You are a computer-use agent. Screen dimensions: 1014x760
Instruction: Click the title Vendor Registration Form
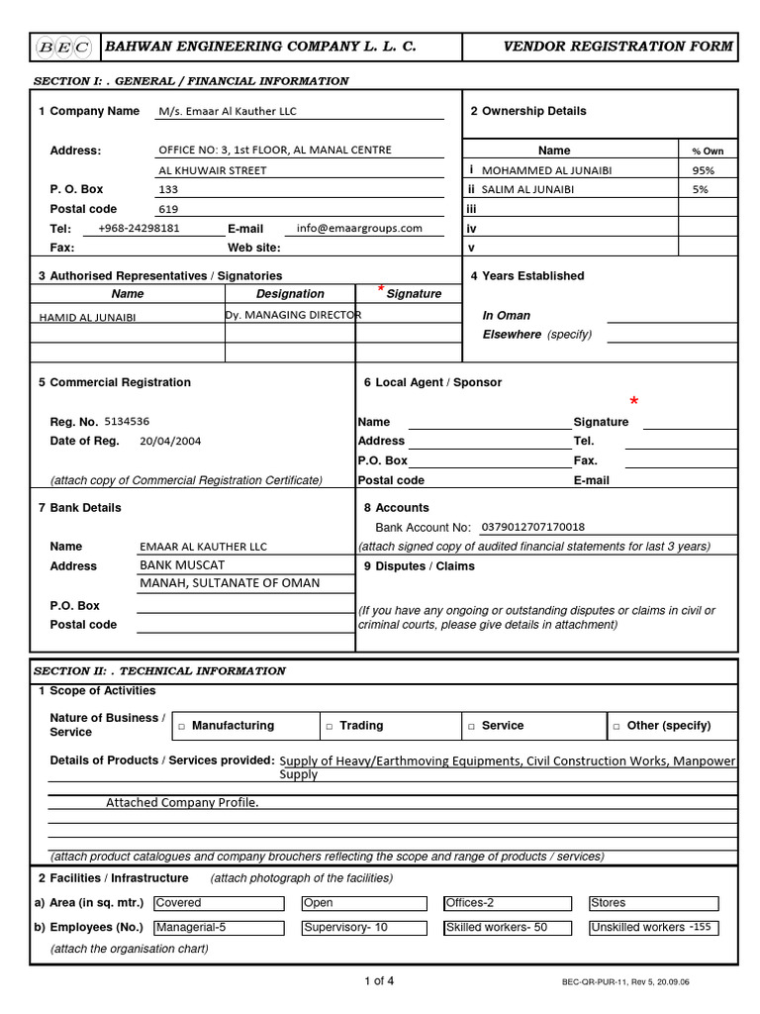[618, 46]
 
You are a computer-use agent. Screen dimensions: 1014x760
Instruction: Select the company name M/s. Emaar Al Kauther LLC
[228, 112]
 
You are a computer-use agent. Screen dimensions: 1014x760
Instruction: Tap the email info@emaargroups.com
[358, 228]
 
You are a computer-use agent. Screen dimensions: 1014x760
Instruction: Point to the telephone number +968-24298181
[139, 228]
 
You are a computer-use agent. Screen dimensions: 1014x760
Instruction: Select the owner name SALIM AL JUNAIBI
[527, 189]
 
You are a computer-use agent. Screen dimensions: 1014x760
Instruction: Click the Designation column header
[290, 294]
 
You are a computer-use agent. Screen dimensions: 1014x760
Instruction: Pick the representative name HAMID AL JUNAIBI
[87, 318]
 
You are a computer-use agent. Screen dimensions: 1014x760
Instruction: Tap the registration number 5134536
[127, 421]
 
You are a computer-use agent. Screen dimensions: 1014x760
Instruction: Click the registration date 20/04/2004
[170, 442]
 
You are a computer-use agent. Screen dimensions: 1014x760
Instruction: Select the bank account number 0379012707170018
[532, 527]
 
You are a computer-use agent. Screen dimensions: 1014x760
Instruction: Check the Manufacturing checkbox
[182, 727]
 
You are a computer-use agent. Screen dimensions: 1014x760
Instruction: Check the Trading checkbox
[330, 727]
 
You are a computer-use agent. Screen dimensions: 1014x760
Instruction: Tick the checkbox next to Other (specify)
[617, 727]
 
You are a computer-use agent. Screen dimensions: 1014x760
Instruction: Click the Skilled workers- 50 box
[508, 928]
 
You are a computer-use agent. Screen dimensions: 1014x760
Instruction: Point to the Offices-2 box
[508, 903]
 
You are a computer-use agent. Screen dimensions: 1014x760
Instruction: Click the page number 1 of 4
[379, 981]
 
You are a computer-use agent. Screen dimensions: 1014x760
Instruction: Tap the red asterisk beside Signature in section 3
[381, 289]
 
